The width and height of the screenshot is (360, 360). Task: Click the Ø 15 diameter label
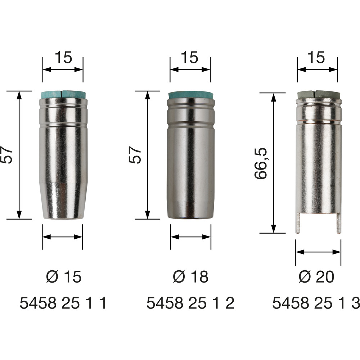[64, 276]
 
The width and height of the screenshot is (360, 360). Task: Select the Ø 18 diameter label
[190, 276]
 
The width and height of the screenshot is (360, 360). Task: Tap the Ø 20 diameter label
[316, 276]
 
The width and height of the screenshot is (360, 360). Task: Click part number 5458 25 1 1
[63, 303]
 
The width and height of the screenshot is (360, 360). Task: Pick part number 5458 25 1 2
[190, 303]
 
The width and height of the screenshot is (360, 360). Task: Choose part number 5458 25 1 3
[316, 303]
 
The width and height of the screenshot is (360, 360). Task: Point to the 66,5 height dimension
[261, 163]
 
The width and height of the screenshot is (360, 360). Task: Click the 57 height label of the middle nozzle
[135, 155]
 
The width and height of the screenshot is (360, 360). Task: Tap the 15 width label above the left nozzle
[63, 57]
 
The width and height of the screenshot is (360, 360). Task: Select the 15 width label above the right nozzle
[316, 57]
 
